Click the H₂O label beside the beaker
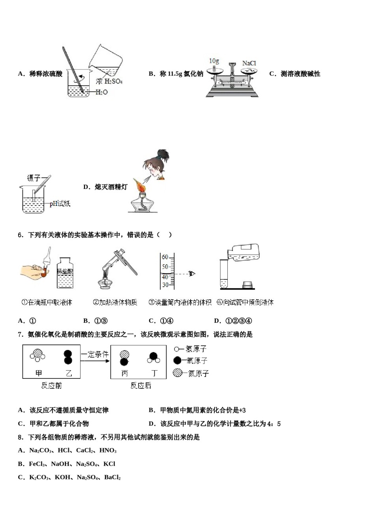101,92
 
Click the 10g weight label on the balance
214,61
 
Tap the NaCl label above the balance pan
249,63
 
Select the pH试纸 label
60,203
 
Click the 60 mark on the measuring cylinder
165,257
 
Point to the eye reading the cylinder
192,273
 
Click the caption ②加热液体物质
115,302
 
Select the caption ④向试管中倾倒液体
245,302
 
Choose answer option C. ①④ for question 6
161,321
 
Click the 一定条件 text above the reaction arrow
95,354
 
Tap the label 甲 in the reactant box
39,373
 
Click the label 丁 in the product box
154,373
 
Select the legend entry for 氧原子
191,360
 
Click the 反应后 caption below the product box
141,386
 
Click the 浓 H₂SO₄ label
109,81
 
